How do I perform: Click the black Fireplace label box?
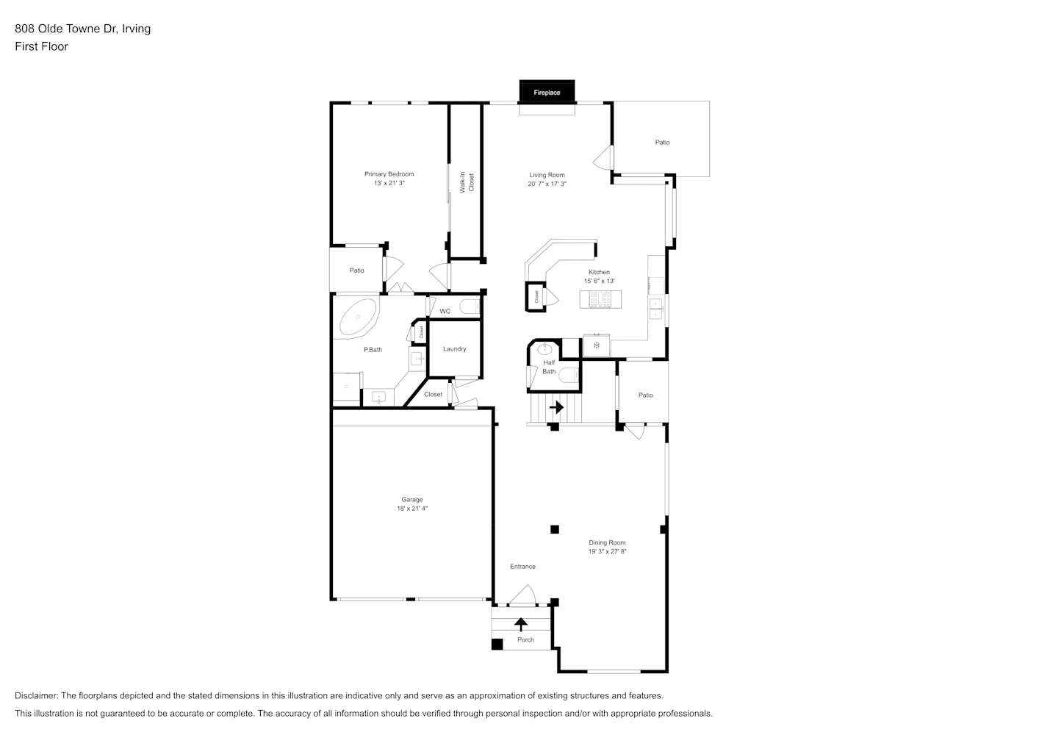(x=547, y=91)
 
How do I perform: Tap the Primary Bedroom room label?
(x=389, y=174)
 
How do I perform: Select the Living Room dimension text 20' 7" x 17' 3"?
(x=547, y=184)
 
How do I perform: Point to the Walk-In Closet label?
(x=467, y=182)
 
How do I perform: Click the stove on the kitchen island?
(x=600, y=299)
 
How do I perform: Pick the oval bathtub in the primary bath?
(x=358, y=317)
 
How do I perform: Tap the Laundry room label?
(x=455, y=349)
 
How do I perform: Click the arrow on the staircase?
(x=556, y=407)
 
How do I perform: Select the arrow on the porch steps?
(x=521, y=624)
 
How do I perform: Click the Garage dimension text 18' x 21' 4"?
(x=412, y=509)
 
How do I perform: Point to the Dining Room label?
(x=607, y=542)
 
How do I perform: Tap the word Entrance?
(x=522, y=567)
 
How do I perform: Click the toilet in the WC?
(x=470, y=306)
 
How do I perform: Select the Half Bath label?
(x=549, y=367)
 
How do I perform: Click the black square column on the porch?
(x=497, y=644)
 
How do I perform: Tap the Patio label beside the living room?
(x=662, y=143)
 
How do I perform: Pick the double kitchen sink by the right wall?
(x=656, y=309)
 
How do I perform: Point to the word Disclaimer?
(x=36, y=695)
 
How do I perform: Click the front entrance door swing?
(x=523, y=595)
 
